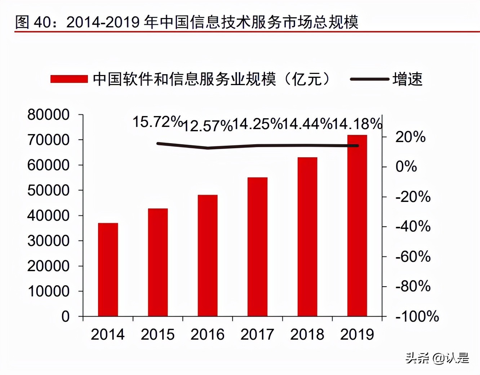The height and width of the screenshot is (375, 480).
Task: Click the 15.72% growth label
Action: [157, 122]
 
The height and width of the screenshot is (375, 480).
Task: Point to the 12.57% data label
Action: [208, 126]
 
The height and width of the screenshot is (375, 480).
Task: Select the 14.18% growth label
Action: [357, 124]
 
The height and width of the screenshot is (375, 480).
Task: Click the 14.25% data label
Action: [257, 124]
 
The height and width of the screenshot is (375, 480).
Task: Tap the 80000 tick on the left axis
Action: [48, 115]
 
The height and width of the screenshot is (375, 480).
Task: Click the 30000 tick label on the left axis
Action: [48, 241]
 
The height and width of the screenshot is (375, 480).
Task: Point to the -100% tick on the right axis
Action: [417, 317]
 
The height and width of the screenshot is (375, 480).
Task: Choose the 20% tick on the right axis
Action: [410, 137]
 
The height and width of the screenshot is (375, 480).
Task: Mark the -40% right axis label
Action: [413, 226]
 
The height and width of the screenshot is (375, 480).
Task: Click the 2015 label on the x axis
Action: [157, 334]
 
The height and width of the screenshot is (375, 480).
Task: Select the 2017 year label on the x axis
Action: [257, 334]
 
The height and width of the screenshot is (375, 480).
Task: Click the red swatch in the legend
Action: [69, 79]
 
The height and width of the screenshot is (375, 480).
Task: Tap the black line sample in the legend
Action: [369, 79]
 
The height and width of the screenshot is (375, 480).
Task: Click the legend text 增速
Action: [408, 79]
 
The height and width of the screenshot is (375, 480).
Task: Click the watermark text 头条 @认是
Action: [437, 358]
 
